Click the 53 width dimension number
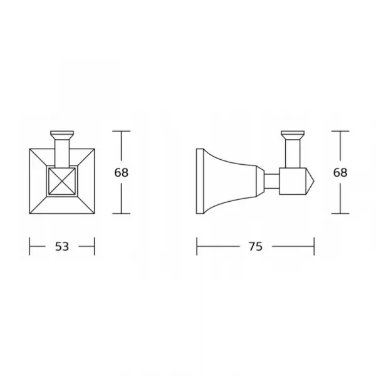[62, 246]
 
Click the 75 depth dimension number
[256, 246]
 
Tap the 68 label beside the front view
[122, 172]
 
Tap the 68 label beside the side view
[340, 172]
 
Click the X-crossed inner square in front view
[62, 181]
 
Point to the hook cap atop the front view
[62, 135]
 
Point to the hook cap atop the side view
[293, 135]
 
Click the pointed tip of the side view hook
[314, 181]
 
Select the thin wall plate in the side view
[200, 181]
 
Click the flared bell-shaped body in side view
[230, 181]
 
